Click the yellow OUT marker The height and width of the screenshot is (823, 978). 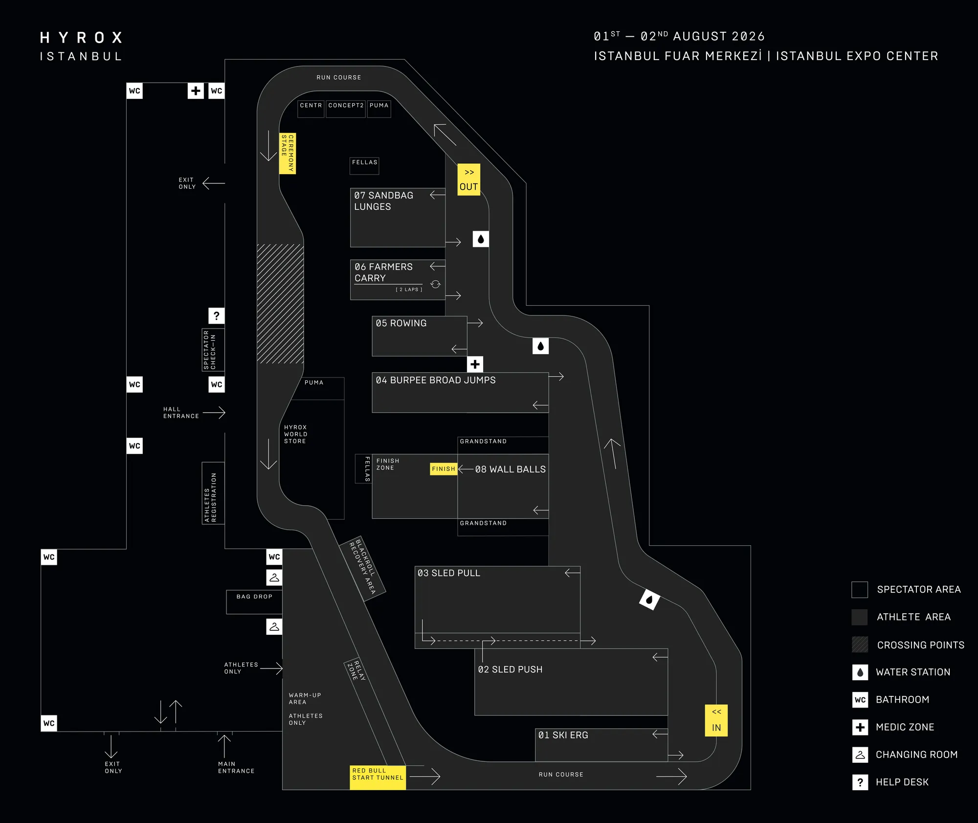(468, 179)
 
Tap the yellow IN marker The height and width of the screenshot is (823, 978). (716, 720)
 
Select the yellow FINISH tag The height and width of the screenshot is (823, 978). (444, 469)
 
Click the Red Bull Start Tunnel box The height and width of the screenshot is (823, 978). (378, 778)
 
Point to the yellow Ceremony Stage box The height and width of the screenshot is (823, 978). (288, 154)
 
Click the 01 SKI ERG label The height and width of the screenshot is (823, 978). (563, 735)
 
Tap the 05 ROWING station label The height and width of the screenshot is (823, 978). (401, 323)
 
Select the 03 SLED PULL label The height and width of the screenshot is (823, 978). (449, 573)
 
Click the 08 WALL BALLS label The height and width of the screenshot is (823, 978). (511, 469)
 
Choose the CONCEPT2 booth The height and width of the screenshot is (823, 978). (346, 109)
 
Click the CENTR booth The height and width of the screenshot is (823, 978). (311, 109)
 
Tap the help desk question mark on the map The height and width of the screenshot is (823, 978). (217, 316)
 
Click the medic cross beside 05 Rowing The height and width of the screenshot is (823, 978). (475, 364)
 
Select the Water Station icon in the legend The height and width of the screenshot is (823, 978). (860, 672)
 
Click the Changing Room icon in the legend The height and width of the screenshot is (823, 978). (860, 755)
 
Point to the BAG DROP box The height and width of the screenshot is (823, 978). (254, 602)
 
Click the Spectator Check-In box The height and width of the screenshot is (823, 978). (213, 350)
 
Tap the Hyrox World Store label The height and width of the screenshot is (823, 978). (295, 434)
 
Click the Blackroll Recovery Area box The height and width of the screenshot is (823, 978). (362, 568)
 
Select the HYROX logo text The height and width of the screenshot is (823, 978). (81, 38)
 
